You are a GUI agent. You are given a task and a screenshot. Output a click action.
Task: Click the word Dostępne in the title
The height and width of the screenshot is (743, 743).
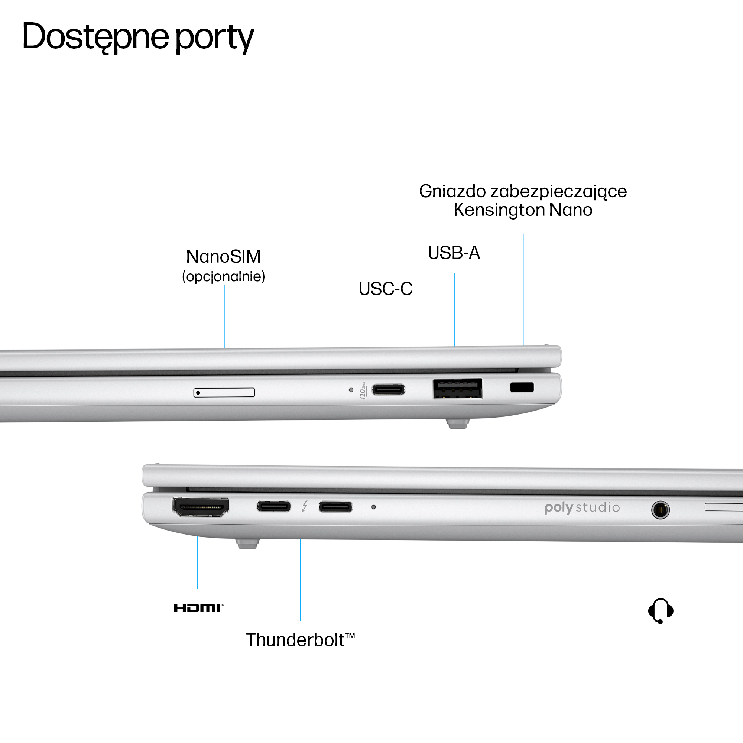pyautogui.click(x=95, y=37)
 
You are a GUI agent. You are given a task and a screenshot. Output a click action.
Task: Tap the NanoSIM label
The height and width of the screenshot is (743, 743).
pyautogui.click(x=223, y=256)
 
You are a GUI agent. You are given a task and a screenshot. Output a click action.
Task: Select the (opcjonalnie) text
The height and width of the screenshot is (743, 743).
pyautogui.click(x=223, y=276)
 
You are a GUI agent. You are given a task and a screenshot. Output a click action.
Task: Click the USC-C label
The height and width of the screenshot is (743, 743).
pyautogui.click(x=385, y=289)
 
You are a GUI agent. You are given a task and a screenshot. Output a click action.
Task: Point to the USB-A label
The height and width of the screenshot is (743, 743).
pyautogui.click(x=454, y=253)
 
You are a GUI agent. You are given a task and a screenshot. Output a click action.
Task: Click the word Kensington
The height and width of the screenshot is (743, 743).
pyautogui.click(x=499, y=210)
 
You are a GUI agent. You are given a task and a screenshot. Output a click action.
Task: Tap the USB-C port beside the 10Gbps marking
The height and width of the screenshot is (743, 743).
pyautogui.click(x=389, y=390)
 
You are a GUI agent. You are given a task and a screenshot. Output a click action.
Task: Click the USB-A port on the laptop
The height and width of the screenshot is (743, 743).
pyautogui.click(x=458, y=389)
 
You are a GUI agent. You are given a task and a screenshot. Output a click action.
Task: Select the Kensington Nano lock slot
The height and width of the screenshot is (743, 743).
pyautogui.click(x=522, y=387)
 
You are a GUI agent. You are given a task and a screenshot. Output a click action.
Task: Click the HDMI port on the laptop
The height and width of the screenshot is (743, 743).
pyautogui.click(x=200, y=507)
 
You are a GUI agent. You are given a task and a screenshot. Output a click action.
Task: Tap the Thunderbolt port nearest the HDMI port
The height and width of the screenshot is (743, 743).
pyautogui.click(x=274, y=506)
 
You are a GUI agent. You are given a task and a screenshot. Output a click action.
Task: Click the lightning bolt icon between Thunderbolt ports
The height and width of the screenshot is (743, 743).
pyautogui.click(x=305, y=506)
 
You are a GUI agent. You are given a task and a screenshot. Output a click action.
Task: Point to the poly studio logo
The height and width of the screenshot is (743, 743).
pyautogui.click(x=582, y=507)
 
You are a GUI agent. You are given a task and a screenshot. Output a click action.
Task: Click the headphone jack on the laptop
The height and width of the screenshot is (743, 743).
pyautogui.click(x=660, y=510)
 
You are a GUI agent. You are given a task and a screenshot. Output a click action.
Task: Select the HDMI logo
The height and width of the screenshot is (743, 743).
pyautogui.click(x=199, y=608)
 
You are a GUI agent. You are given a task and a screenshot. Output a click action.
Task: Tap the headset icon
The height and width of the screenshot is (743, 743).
pyautogui.click(x=660, y=610)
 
